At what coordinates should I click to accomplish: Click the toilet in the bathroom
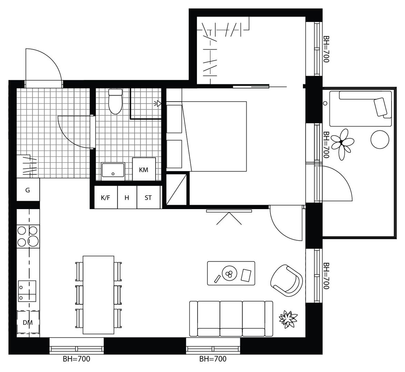click(115, 101)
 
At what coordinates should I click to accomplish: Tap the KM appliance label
click(144, 170)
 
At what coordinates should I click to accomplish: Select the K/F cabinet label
click(105, 198)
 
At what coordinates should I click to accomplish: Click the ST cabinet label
click(148, 198)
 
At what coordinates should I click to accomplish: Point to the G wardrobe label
click(28, 190)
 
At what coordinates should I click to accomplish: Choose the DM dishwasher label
click(28, 322)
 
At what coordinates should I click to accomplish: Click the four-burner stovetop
click(28, 236)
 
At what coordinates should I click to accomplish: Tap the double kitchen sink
click(27, 291)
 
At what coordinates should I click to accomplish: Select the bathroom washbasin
click(113, 171)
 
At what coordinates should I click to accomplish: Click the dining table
click(98, 295)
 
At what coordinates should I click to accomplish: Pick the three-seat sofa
click(231, 319)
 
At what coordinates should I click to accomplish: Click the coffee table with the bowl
click(231, 273)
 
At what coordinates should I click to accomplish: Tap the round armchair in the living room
click(286, 280)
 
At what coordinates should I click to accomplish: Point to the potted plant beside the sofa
click(288, 319)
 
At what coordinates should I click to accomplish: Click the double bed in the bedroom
click(214, 136)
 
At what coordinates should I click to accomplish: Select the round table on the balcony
click(380, 139)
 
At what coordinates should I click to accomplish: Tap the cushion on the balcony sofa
click(381, 107)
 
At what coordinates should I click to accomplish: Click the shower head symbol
click(158, 104)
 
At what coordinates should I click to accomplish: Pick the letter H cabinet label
click(127, 198)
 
